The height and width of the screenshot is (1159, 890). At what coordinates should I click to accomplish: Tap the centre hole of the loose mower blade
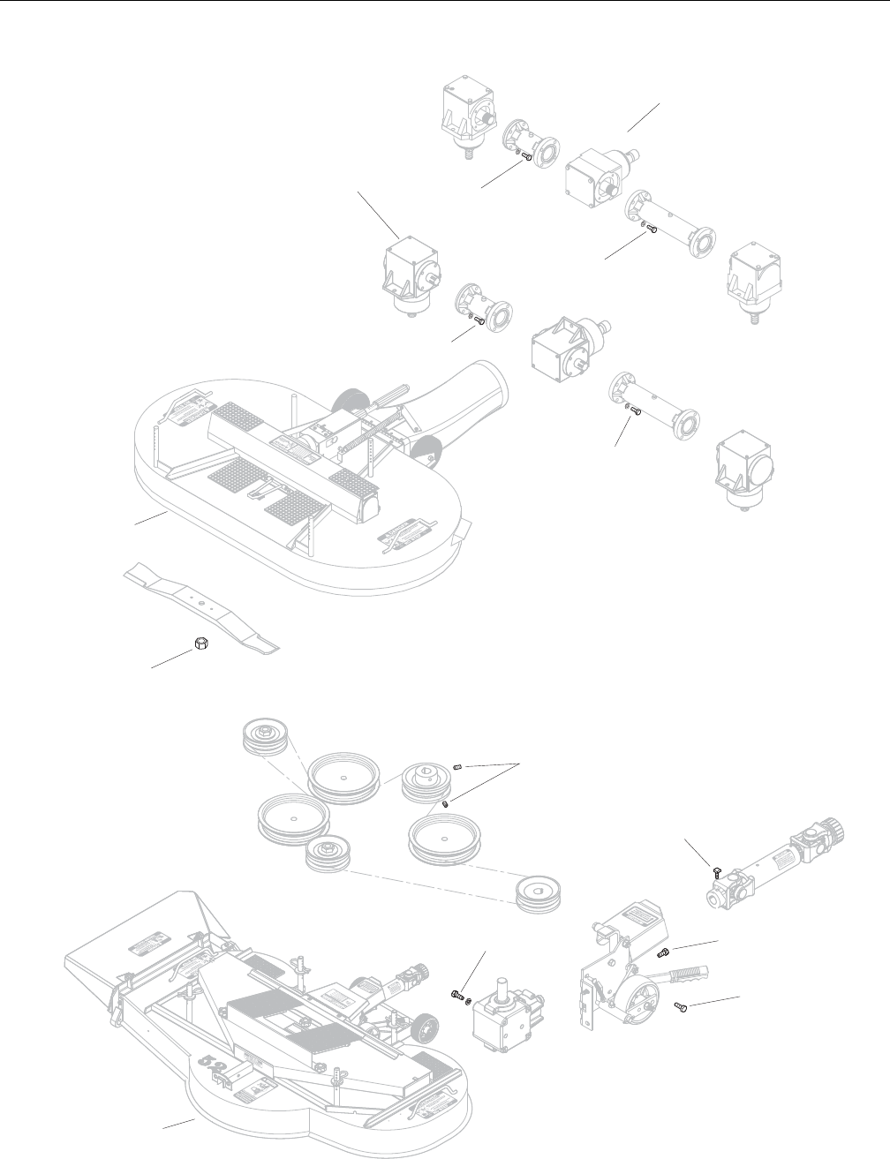[x=201, y=603]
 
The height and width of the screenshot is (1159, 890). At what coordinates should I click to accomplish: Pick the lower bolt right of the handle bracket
[x=680, y=1006]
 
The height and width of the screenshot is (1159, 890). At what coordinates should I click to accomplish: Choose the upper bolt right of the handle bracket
[x=665, y=952]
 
